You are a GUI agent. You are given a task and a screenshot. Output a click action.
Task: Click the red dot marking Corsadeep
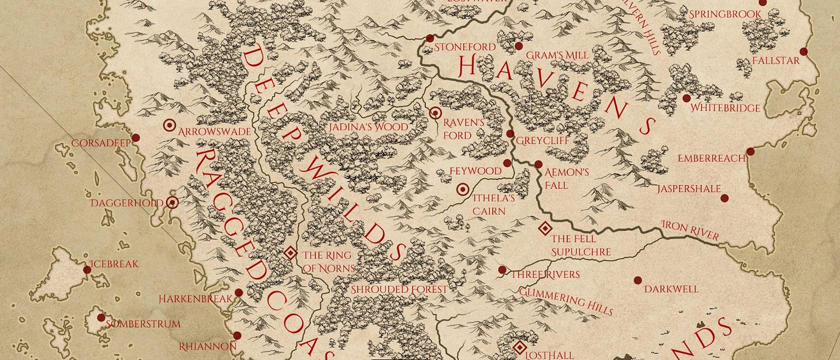click(x=136, y=137)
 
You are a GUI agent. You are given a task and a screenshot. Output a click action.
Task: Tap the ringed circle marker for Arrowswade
click(x=170, y=125)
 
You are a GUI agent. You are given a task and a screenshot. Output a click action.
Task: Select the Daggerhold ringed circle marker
click(x=172, y=202)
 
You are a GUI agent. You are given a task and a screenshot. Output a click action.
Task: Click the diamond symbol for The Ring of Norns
click(x=290, y=253)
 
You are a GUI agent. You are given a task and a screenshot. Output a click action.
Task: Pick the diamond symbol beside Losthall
click(x=519, y=348)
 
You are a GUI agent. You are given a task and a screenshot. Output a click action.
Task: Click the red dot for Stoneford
click(x=430, y=38)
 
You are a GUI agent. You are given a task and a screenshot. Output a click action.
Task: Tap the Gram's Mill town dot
click(x=519, y=46)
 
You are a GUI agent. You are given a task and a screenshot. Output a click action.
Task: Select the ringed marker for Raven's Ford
click(x=436, y=113)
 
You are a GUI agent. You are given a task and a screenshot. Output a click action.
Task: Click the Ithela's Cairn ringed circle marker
click(x=463, y=189)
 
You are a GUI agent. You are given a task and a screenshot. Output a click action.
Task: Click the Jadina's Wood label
click(x=367, y=127)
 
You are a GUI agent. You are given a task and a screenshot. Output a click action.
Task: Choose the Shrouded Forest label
click(x=399, y=289)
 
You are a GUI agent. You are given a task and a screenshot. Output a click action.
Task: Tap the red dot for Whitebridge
click(x=687, y=98)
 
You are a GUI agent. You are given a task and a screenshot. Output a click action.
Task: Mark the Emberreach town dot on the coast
click(x=750, y=152)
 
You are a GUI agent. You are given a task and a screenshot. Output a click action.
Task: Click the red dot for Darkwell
click(x=637, y=280)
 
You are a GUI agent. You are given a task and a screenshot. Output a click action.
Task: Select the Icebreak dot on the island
click(x=87, y=269)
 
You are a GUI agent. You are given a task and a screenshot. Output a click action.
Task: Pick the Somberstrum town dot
click(x=101, y=317)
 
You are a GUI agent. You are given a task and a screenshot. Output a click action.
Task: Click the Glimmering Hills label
click(x=565, y=301)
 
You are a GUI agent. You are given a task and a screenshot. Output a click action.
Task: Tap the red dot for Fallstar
click(x=803, y=51)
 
